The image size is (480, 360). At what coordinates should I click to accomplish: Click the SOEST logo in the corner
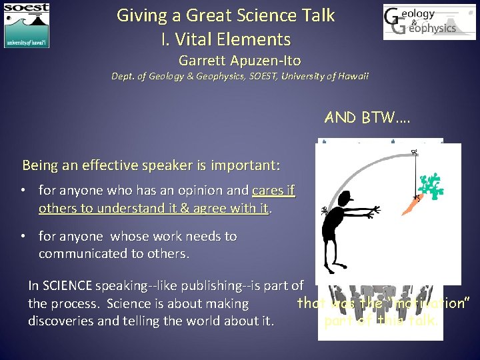tap(27, 25)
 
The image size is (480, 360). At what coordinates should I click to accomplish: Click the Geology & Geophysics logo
tap(420, 22)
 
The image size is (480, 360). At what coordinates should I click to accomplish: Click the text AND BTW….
tap(367, 119)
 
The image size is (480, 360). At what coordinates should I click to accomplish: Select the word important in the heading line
tap(246, 165)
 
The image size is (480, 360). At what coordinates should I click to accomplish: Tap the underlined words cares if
tap(273, 191)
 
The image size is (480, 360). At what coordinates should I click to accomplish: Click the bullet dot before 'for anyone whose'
tap(22, 236)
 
